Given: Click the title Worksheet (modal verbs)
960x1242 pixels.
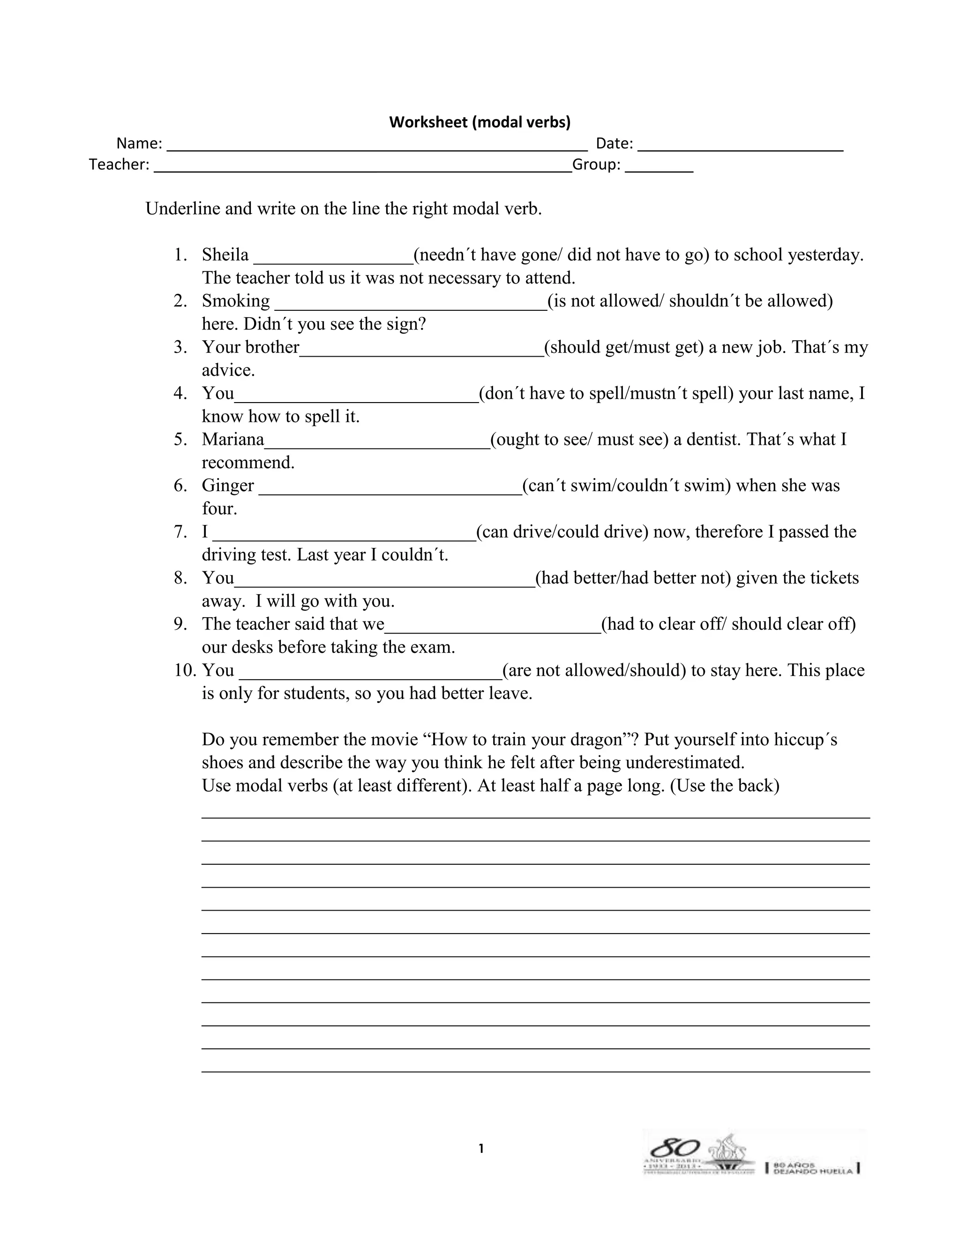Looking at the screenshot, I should [480, 122].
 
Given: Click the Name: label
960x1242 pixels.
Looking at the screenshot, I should [139, 143].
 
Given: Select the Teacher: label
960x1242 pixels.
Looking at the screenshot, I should [119, 165].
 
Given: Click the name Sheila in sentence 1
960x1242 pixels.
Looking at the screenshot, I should [225, 255].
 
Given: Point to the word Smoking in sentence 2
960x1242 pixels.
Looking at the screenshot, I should [235, 301].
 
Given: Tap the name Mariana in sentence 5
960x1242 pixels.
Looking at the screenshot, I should [233, 440].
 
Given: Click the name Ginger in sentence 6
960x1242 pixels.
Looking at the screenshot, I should [227, 486].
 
